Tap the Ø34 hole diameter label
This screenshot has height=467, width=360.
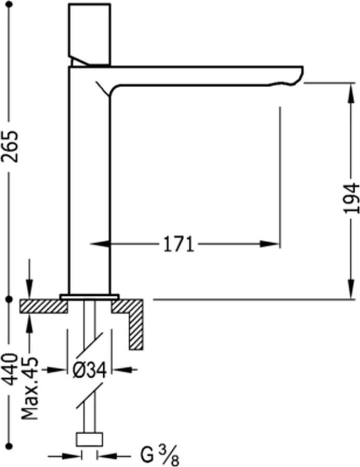click(89, 370)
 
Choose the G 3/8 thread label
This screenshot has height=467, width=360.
click(158, 457)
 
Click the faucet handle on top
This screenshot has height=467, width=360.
click(90, 31)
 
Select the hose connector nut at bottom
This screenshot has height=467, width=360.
click(89, 439)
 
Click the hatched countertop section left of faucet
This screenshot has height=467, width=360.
click(44, 307)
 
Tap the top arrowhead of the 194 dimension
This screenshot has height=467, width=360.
click(348, 89)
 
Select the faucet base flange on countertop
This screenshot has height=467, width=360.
click(89, 297)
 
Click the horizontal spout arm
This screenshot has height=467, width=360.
click(207, 75)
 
